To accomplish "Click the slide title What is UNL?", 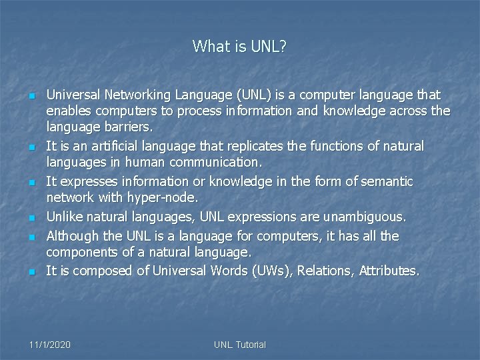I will click(x=239, y=46).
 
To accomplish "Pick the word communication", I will click(x=217, y=162).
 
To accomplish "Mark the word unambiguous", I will click(x=367, y=217).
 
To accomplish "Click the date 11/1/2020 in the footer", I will click(x=50, y=345).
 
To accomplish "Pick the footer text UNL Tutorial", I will click(x=239, y=345).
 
